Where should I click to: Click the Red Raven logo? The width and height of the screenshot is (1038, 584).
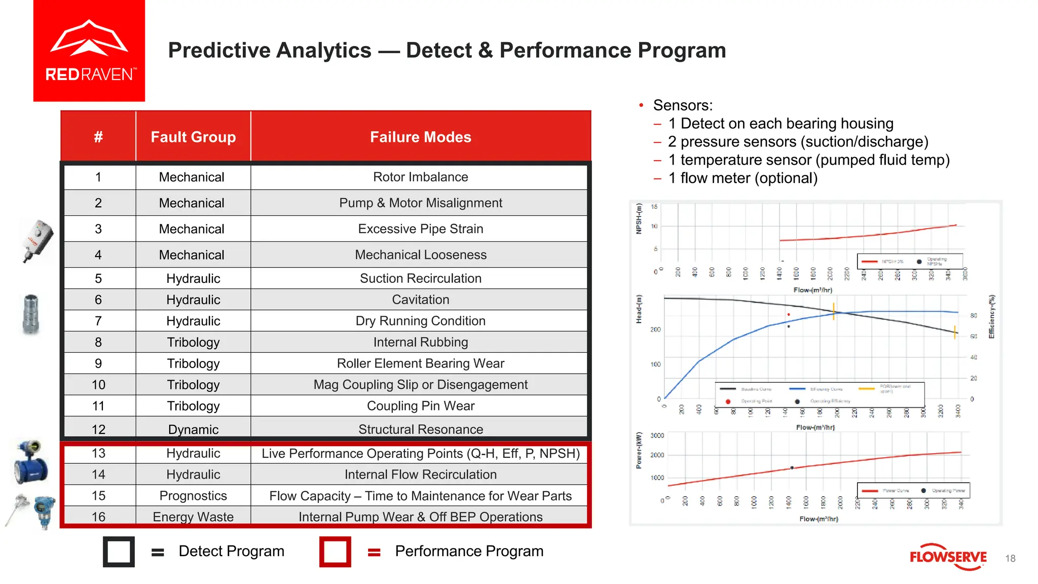tap(89, 51)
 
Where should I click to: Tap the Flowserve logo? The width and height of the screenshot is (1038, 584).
tap(948, 557)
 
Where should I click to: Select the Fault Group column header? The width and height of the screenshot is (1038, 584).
tap(193, 137)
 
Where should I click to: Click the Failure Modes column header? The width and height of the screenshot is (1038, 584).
tap(420, 137)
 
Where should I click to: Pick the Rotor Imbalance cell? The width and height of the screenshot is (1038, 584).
tap(420, 177)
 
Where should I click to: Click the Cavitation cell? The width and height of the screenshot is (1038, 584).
tap(420, 300)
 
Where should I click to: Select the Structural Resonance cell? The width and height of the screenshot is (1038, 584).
tap(420, 429)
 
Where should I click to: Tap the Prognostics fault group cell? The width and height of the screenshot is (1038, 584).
tap(193, 496)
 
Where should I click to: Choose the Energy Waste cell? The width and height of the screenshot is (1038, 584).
tap(193, 517)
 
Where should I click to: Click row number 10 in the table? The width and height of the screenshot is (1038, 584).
tap(98, 385)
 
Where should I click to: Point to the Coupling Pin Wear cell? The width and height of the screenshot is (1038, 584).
tap(420, 406)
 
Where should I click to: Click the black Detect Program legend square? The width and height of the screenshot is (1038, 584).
tap(119, 552)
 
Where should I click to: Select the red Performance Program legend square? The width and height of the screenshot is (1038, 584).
tap(335, 552)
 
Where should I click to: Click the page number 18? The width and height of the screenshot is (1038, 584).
tap(1010, 558)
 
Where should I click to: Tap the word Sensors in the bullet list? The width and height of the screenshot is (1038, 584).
tap(683, 105)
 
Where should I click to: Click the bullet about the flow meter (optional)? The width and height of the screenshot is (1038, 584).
tap(743, 178)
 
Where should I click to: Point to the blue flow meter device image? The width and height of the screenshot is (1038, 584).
tap(31, 462)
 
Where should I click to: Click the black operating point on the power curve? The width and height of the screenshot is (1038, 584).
tap(792, 468)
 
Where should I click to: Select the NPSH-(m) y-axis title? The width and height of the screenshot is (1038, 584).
tap(639, 218)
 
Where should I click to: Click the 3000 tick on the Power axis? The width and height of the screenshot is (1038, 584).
tap(657, 435)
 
